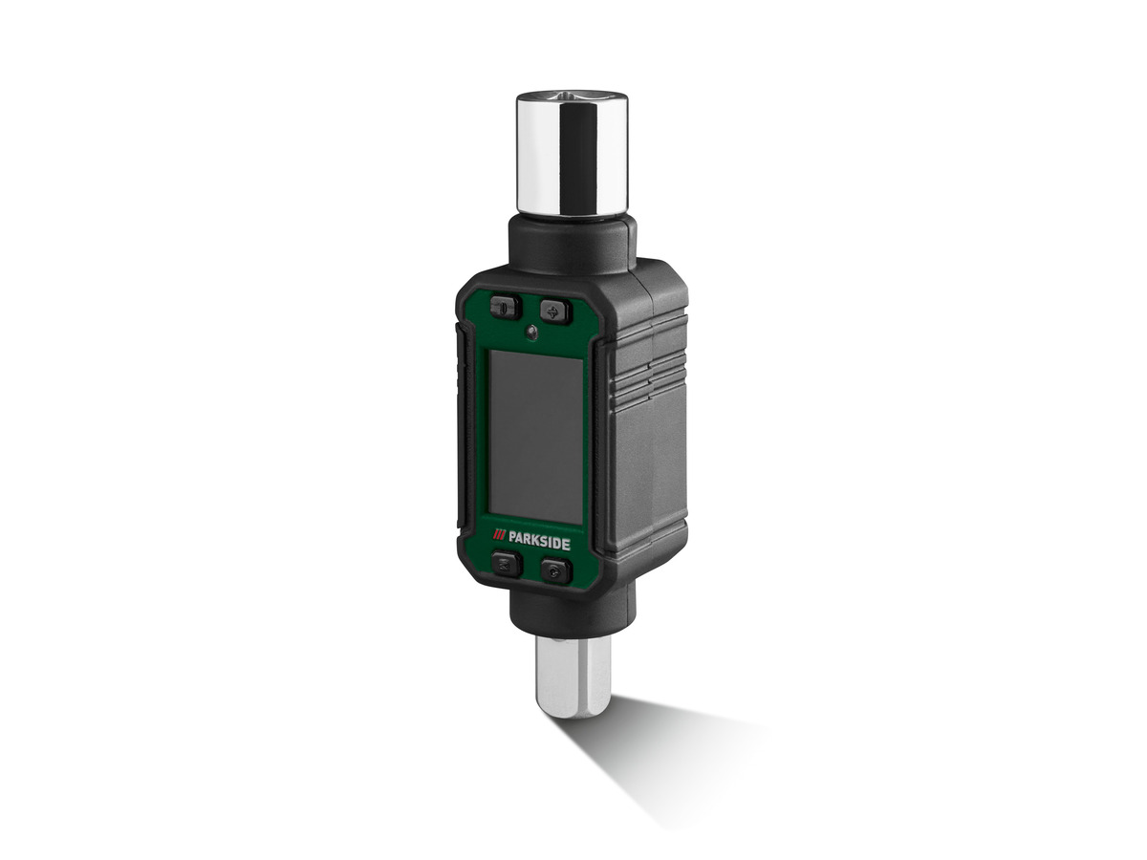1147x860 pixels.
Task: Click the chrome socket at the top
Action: [x=572, y=153]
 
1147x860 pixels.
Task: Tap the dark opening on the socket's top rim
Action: [x=571, y=97]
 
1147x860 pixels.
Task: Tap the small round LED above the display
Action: [x=530, y=333]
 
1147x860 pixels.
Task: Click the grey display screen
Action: [x=535, y=436]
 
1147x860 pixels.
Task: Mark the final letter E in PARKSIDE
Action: [x=567, y=544]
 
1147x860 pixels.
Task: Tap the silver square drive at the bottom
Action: [x=573, y=677]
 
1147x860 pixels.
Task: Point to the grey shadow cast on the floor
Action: [x=660, y=755]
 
